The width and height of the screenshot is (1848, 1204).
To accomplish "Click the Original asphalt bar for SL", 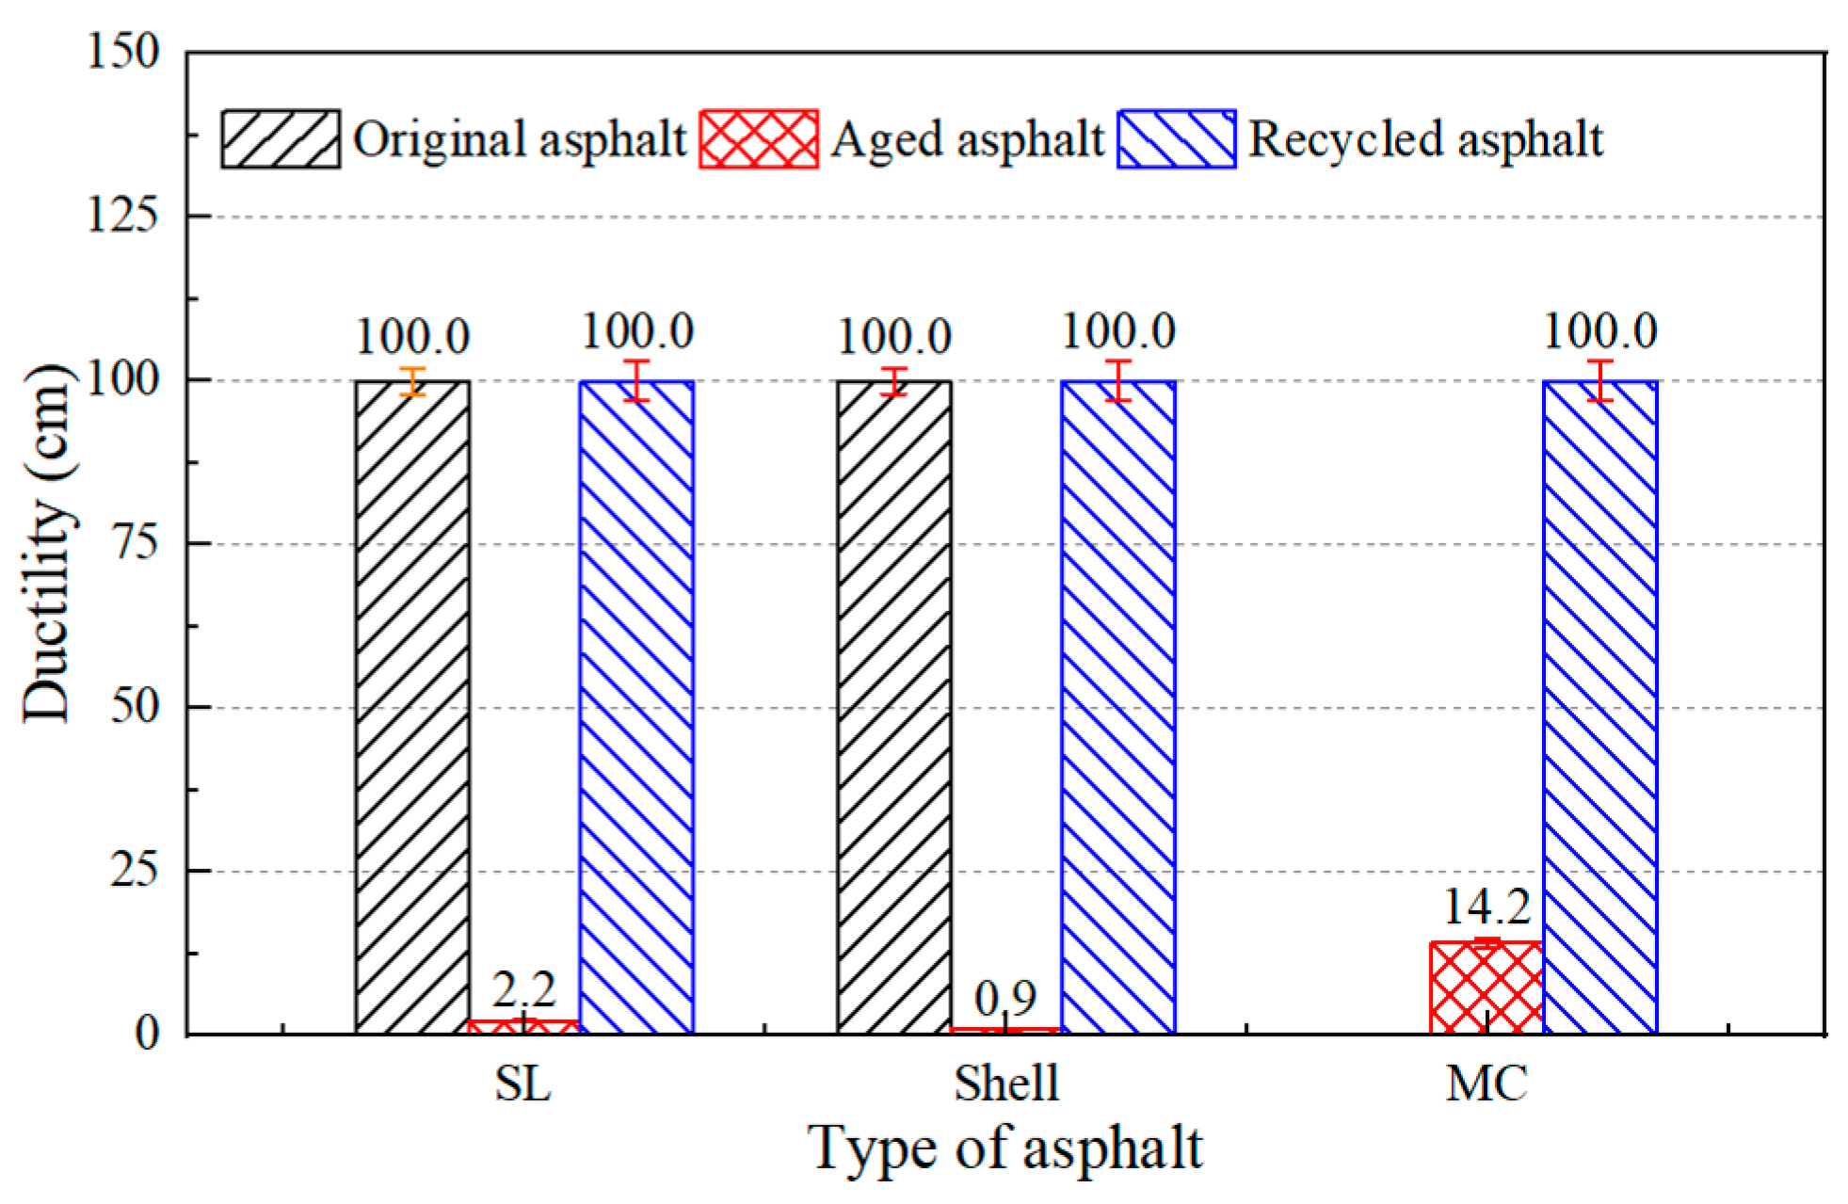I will point(412,706).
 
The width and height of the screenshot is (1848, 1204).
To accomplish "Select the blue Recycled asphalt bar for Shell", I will point(1117,706).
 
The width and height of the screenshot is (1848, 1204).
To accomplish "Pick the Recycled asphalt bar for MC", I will point(1599,706).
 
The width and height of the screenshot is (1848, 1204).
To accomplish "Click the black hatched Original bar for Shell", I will point(893,706).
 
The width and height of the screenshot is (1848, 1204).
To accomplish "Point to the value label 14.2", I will point(1486,907).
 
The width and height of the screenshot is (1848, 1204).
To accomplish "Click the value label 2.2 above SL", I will point(523,989).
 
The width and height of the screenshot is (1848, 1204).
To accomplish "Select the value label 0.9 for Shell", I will point(1005,998).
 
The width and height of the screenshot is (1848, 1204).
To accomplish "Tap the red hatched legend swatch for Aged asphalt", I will point(758,139).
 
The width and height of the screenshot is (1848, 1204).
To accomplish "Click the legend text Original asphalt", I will point(520,139).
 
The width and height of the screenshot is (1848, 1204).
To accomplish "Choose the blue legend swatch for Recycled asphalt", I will point(1176,139).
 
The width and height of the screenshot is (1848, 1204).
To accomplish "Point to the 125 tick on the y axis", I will point(122,216).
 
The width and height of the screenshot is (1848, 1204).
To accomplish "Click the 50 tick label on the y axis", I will point(134,706).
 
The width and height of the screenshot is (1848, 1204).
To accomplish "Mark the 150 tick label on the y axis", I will point(122,51).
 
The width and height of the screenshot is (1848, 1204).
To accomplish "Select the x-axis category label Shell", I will point(1005,1083).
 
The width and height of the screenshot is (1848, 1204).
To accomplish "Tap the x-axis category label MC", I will point(1486,1083).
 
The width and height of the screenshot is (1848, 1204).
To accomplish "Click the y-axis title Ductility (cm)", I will point(47,543).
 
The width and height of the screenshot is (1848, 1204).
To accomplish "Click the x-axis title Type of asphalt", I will point(1005,1148).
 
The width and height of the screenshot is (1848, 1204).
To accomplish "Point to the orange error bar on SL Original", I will point(412,381).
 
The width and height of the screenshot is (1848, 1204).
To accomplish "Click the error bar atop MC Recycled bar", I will point(1599,381).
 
